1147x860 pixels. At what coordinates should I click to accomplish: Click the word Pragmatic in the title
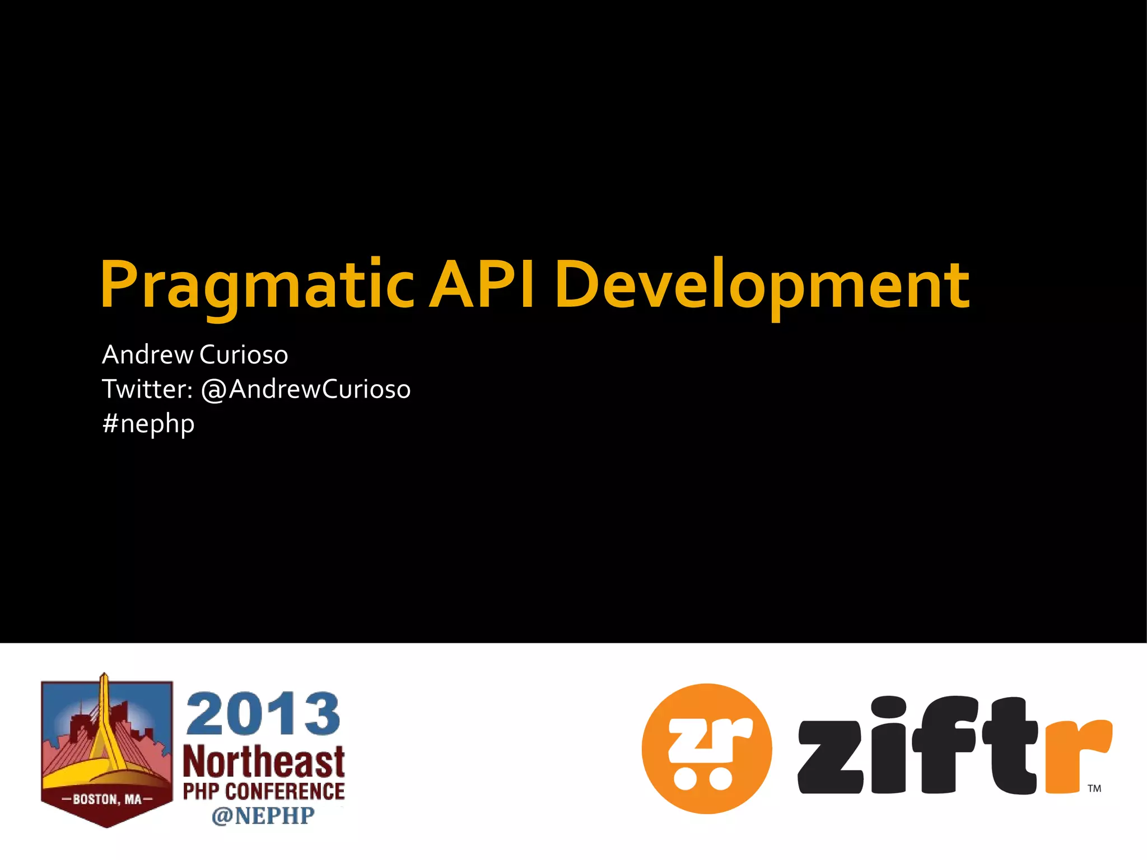click(x=257, y=286)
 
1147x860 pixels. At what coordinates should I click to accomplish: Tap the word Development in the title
click(x=762, y=286)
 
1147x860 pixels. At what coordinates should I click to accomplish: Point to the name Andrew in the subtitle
click(x=147, y=355)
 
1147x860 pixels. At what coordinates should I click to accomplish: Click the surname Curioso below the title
click(x=244, y=355)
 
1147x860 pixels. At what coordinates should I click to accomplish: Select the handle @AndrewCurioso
click(x=306, y=389)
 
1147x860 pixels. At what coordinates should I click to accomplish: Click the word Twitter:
click(x=147, y=389)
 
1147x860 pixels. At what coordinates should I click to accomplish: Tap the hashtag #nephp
click(x=148, y=424)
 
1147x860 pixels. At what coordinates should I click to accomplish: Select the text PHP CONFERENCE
click(x=264, y=792)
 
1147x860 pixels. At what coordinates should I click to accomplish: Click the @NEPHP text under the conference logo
click(x=263, y=816)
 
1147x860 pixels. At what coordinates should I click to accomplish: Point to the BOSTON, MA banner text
click(x=107, y=799)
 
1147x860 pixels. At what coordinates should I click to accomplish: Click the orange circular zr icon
click(x=707, y=748)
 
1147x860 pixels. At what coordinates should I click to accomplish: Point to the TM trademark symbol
click(x=1094, y=788)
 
